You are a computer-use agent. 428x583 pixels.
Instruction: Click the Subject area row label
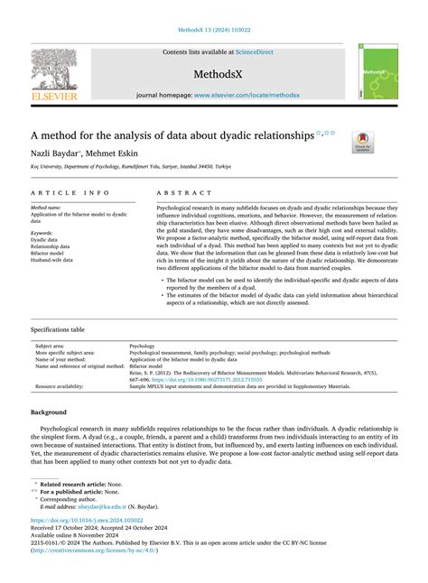pyautogui.click(x=56, y=346)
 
